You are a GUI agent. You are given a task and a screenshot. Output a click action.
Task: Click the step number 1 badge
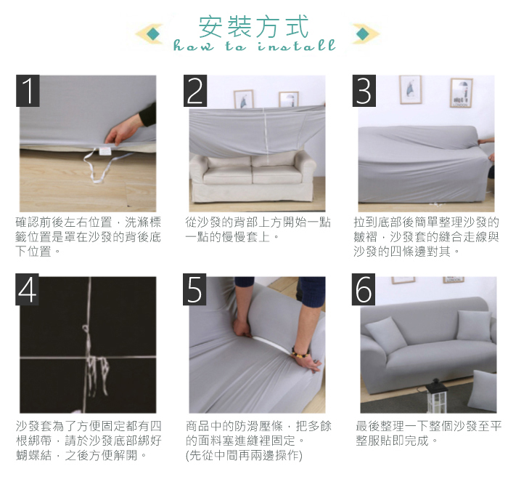tap(28, 91)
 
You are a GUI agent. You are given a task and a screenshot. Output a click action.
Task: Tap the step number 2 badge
tap(195, 91)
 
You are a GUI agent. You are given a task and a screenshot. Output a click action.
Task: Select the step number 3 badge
tap(364, 91)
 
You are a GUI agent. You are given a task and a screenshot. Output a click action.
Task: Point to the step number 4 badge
tap(28, 289)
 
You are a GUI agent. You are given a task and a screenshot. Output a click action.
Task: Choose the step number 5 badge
tap(194, 289)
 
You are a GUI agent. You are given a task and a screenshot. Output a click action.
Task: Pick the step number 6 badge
tap(364, 289)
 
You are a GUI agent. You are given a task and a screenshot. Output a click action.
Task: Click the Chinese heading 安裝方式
tap(254, 27)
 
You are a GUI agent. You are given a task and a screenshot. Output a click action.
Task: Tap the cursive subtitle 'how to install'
tap(254, 46)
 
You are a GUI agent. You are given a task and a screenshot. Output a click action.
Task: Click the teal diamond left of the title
tap(152, 33)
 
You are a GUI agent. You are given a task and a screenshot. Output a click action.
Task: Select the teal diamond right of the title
tap(363, 33)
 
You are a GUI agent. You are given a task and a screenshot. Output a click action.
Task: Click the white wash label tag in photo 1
tap(105, 152)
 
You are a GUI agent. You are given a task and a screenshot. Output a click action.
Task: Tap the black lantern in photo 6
tap(436, 395)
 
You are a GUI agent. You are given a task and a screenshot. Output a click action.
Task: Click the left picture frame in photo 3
tap(411, 89)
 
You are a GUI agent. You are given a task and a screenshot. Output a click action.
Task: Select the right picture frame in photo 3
tap(461, 93)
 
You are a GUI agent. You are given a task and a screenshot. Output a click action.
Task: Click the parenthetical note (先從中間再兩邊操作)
tap(244, 455)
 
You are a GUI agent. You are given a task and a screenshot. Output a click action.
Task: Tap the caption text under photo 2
tap(258, 230)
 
